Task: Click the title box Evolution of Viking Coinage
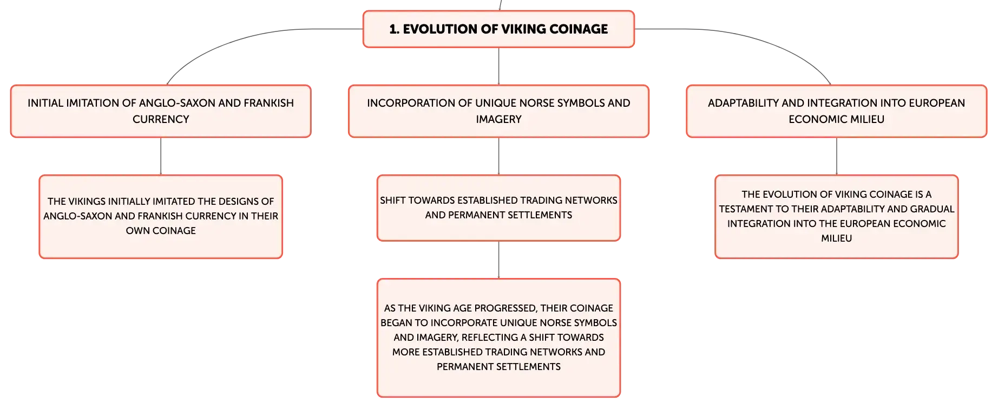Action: [498, 29]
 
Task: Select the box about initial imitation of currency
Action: [161, 111]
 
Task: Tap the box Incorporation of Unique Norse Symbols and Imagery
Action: [498, 111]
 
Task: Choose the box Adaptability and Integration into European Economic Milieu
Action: [836, 111]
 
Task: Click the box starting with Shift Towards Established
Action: [498, 208]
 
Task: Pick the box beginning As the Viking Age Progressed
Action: [498, 338]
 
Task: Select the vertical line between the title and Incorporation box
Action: [498, 66]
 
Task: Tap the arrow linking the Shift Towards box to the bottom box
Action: [498, 260]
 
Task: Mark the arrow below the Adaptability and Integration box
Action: [836, 156]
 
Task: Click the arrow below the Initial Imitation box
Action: [161, 156]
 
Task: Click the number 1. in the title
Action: [394, 29]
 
